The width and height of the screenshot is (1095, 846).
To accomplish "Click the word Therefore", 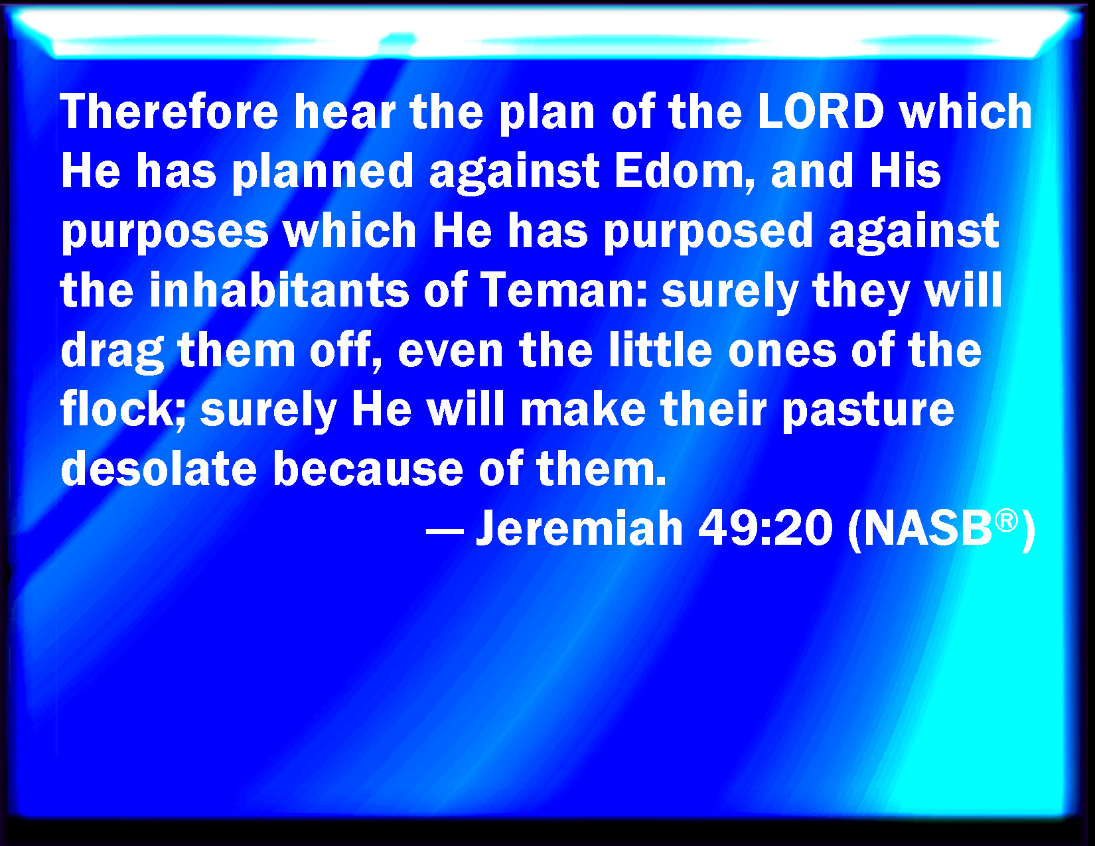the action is pyautogui.click(x=169, y=111).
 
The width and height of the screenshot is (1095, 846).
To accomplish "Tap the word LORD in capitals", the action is pyautogui.click(x=821, y=111).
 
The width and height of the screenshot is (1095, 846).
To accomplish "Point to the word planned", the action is pyautogui.click(x=323, y=174).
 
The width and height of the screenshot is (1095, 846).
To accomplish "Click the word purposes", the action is pyautogui.click(x=165, y=234).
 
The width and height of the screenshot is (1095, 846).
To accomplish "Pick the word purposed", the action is pyautogui.click(x=708, y=234).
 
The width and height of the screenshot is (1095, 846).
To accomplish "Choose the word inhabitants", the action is pyautogui.click(x=279, y=290).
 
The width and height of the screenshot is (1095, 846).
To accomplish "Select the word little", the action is pyautogui.click(x=660, y=349).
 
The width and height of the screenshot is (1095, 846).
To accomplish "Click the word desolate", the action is pyautogui.click(x=159, y=468).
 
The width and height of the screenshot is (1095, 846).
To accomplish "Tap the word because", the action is pyautogui.click(x=368, y=468).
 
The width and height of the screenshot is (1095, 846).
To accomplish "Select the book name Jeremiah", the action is pyautogui.click(x=579, y=528).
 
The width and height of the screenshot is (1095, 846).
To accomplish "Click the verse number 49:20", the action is pyautogui.click(x=766, y=528).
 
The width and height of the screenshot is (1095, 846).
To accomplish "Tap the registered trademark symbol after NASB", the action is pyautogui.click(x=1007, y=520).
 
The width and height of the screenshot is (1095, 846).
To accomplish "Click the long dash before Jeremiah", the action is pyautogui.click(x=445, y=531).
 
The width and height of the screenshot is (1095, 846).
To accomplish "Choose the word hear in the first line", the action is pyautogui.click(x=344, y=111).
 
